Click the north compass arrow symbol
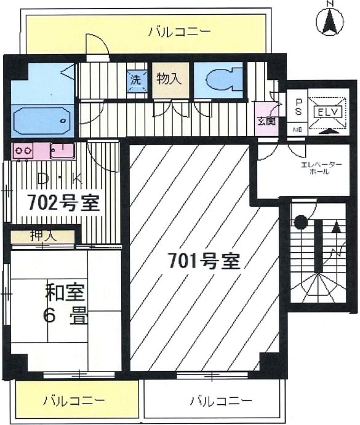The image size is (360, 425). [330, 20]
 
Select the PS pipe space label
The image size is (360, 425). [298, 108]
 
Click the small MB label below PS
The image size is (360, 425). [298, 130]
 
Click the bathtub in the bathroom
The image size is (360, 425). [42, 121]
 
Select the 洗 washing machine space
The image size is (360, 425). [137, 81]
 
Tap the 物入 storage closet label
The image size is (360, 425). [169, 79]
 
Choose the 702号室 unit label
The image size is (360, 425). [64, 204]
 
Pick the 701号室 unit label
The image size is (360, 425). [204, 261]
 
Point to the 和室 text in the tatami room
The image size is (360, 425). [65, 292]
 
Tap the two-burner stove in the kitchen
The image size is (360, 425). [23, 151]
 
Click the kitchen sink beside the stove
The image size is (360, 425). [62, 151]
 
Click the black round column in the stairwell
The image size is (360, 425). [300, 222]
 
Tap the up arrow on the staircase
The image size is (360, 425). [337, 227]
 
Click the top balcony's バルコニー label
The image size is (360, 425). [180, 32]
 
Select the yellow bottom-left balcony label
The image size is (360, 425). [74, 400]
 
